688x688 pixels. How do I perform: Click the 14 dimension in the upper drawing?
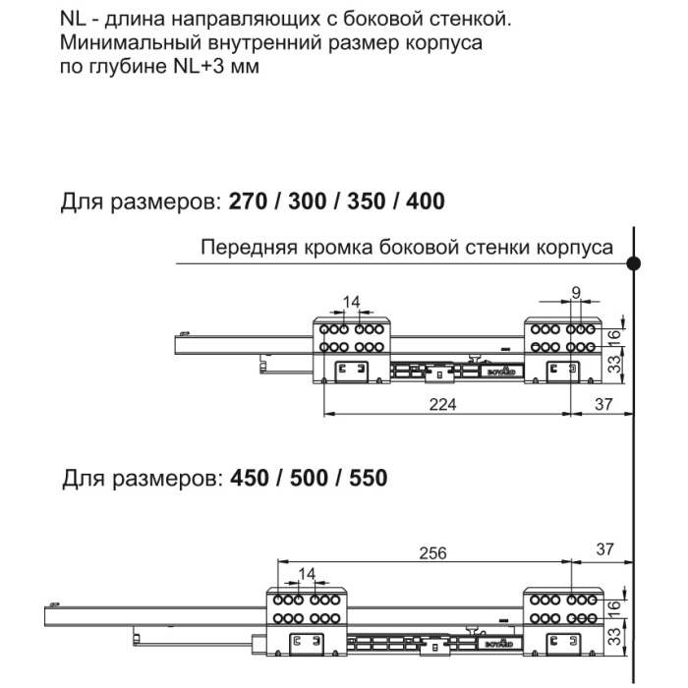[x=351, y=302]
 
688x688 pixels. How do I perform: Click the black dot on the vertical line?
[x=635, y=262]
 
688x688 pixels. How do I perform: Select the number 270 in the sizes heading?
[x=247, y=202]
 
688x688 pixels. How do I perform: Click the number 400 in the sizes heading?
[x=424, y=202]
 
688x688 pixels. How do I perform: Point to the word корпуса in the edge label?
[x=580, y=247]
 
